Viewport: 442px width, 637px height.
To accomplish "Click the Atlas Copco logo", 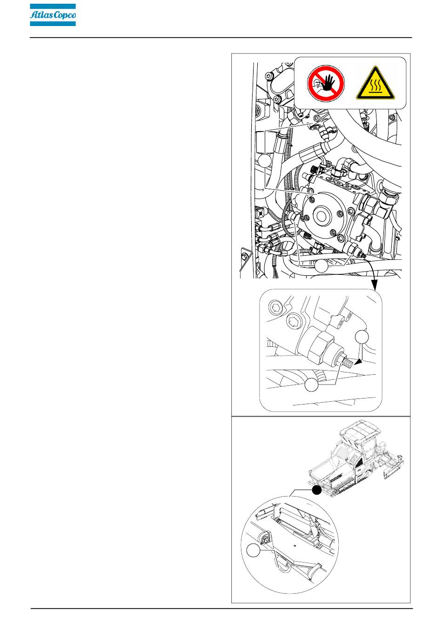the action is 53,15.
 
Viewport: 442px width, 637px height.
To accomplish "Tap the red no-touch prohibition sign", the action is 326,83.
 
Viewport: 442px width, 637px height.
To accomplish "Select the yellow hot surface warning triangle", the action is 375,83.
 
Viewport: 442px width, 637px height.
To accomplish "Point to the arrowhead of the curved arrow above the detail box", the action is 375,285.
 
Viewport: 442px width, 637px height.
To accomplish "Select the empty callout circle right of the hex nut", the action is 362,337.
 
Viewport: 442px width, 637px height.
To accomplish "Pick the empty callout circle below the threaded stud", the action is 311,385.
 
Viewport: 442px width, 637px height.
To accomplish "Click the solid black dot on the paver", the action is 317,490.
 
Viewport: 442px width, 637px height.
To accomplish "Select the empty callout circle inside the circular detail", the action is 253,550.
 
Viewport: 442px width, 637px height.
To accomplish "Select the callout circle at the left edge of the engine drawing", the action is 265,161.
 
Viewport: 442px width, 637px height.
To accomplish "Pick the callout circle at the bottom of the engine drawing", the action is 321,266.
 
